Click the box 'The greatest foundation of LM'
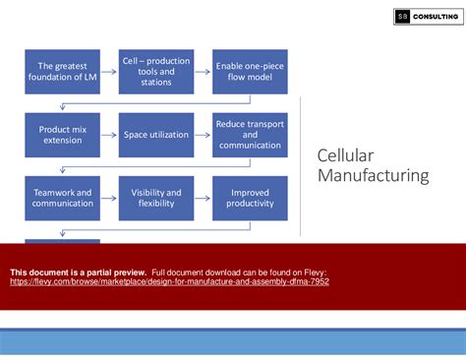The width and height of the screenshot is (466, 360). point(62,73)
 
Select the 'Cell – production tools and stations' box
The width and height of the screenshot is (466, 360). point(155,73)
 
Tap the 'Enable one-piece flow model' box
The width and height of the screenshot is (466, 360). point(250,73)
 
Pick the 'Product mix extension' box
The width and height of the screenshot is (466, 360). point(62,135)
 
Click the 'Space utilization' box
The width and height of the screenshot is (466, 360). point(155,135)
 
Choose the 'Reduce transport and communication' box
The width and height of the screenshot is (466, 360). point(250,135)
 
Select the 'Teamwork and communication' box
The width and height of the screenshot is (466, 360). point(62,199)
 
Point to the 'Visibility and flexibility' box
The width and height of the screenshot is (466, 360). point(155,199)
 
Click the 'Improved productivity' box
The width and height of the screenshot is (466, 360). point(250,199)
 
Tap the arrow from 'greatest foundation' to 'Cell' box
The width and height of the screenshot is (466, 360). point(109,73)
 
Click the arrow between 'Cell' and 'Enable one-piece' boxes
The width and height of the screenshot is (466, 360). point(203,73)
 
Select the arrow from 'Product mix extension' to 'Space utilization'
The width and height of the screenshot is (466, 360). point(109,135)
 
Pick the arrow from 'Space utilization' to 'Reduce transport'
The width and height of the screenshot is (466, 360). point(203,135)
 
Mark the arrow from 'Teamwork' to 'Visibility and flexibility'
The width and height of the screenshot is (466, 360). point(109,199)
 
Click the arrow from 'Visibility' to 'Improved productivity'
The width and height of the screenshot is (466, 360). point(203,199)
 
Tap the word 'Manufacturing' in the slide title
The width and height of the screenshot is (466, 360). point(373,177)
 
